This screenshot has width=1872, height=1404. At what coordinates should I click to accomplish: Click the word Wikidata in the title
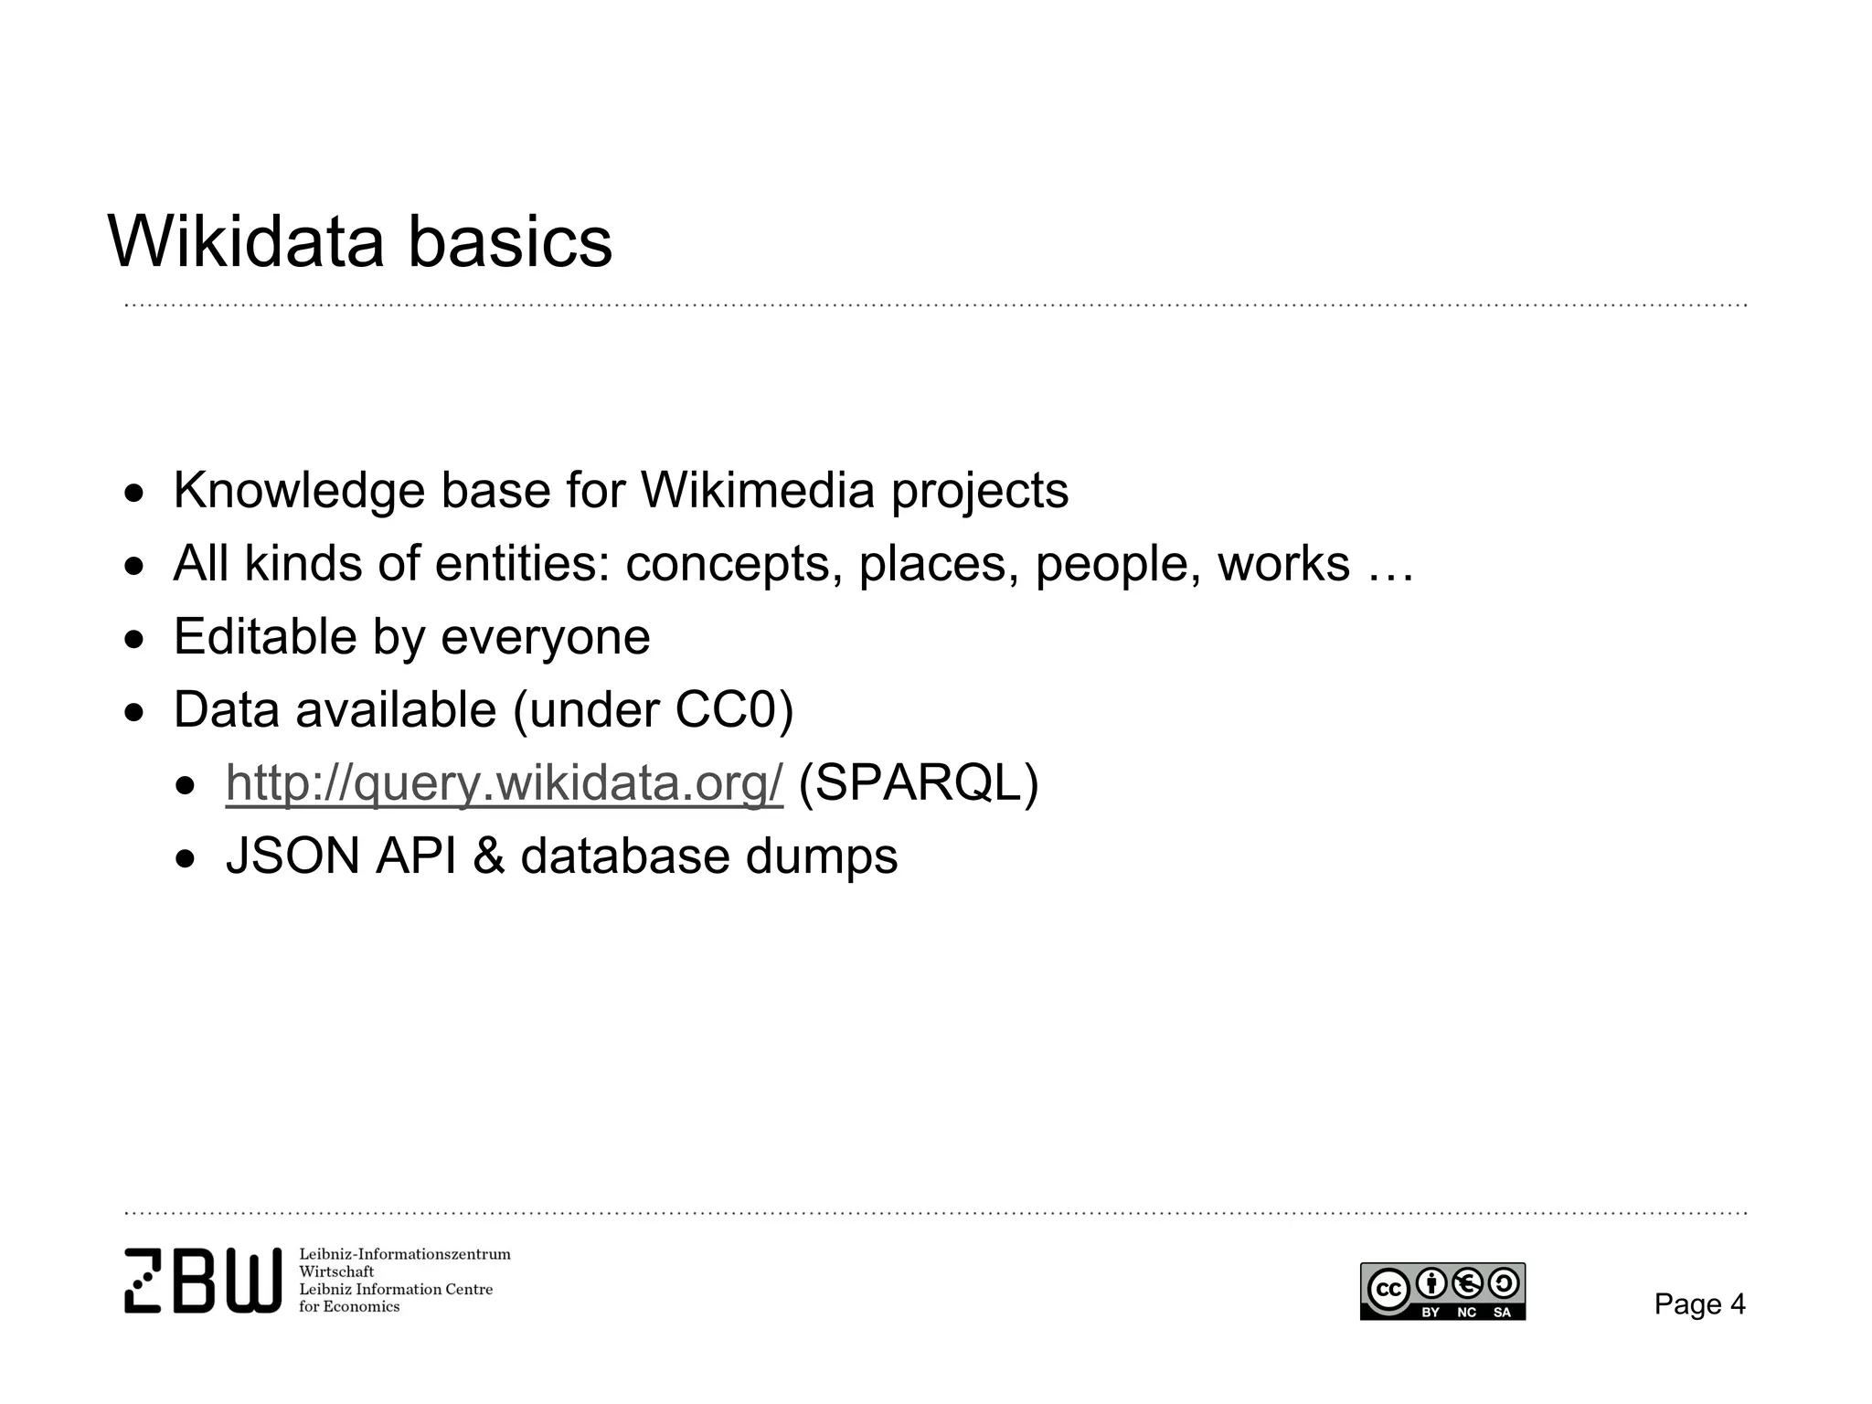[246, 242]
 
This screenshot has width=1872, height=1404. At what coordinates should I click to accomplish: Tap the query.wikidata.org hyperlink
[504, 783]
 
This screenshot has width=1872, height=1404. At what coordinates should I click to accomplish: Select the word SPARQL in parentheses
[919, 783]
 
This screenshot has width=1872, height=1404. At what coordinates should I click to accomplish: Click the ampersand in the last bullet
[489, 856]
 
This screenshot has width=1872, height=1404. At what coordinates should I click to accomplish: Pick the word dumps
[822, 856]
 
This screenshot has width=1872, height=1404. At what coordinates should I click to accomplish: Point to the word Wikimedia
[758, 491]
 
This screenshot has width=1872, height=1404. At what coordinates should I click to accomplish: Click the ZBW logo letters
[203, 1281]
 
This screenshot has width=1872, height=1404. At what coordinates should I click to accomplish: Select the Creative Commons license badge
[1442, 1292]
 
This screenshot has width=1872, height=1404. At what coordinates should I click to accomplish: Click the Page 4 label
[1699, 1304]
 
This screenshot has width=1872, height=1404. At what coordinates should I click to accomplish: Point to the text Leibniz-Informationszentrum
[405, 1254]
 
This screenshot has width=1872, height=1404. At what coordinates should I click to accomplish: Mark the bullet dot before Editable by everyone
[135, 641]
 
